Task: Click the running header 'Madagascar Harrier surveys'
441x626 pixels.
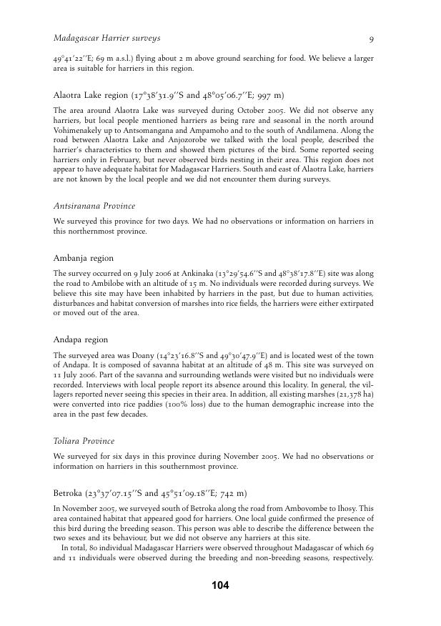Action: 106,38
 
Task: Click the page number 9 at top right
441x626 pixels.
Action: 371,38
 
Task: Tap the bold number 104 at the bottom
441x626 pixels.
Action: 220,586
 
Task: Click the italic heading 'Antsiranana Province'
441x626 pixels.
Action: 94,206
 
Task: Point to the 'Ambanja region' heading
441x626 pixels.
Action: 84,258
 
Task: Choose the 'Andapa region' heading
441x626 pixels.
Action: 81,339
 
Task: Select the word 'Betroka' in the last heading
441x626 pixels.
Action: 69,493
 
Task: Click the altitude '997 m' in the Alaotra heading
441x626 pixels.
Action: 269,95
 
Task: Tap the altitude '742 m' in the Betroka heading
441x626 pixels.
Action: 232,493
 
